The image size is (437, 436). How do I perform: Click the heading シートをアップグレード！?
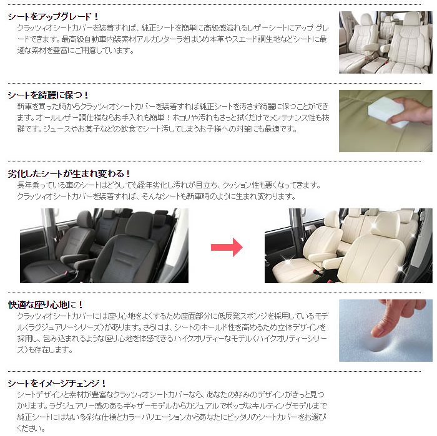pyautogui.click(x=53, y=16)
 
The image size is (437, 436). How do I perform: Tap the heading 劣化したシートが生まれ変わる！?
pyautogui.click(x=69, y=173)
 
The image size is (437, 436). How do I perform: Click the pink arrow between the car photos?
pyautogui.click(x=226, y=247)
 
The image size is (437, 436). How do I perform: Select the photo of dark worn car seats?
pyautogui.click(x=104, y=246)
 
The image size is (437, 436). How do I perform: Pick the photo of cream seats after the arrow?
pyautogui.click(x=348, y=246)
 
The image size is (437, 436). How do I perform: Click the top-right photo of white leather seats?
pyautogui.click(x=385, y=42)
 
